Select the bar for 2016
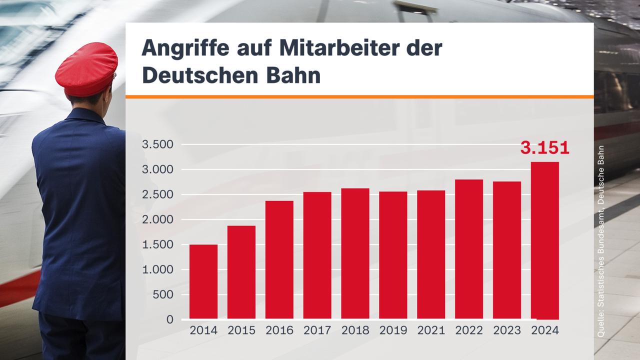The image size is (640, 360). (x=279, y=259)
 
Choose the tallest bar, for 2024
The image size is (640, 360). (x=544, y=240)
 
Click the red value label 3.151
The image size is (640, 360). (x=544, y=148)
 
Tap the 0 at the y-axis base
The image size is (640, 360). (x=170, y=319)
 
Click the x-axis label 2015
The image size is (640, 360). (x=241, y=330)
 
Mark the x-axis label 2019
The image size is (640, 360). (x=393, y=330)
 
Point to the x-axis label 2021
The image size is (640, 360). (x=431, y=330)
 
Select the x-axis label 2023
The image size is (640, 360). (x=507, y=330)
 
